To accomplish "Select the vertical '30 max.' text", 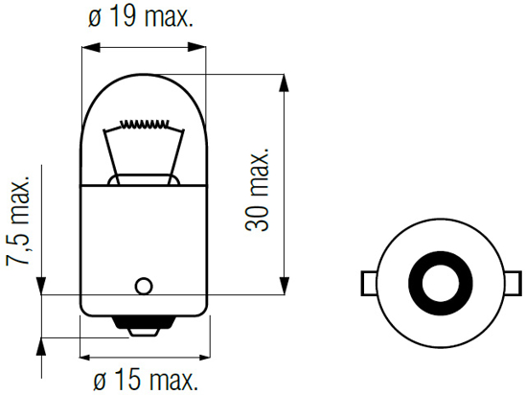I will tap(257, 190).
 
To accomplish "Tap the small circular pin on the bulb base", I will tap(144, 285).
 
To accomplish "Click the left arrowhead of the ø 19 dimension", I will tap(87, 45).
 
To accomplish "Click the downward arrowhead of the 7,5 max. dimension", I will tap(40, 287).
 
